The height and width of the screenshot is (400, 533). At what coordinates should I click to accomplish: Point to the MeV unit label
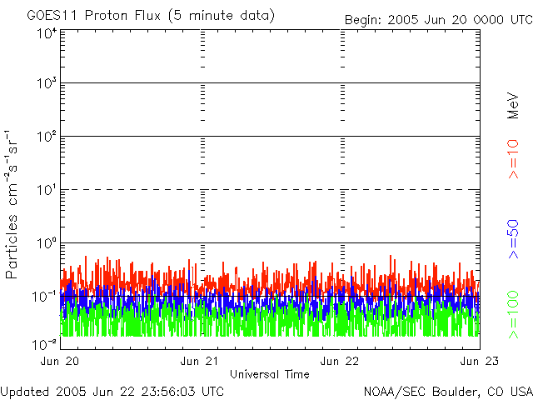[513, 105]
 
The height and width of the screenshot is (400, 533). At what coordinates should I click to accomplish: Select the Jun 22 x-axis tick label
[341, 361]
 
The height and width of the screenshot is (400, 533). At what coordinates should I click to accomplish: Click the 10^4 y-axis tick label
[46, 33]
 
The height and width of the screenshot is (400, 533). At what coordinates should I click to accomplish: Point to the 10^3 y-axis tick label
[46, 84]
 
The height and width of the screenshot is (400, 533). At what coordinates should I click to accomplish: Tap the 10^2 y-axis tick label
[46, 137]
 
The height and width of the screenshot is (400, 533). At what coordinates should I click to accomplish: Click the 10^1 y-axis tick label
[46, 191]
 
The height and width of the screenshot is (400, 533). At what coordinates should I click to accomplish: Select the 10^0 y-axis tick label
[46, 244]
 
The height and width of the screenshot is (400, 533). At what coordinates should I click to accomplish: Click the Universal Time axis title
[270, 374]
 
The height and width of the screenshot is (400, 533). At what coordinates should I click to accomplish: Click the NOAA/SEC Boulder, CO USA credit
[448, 391]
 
